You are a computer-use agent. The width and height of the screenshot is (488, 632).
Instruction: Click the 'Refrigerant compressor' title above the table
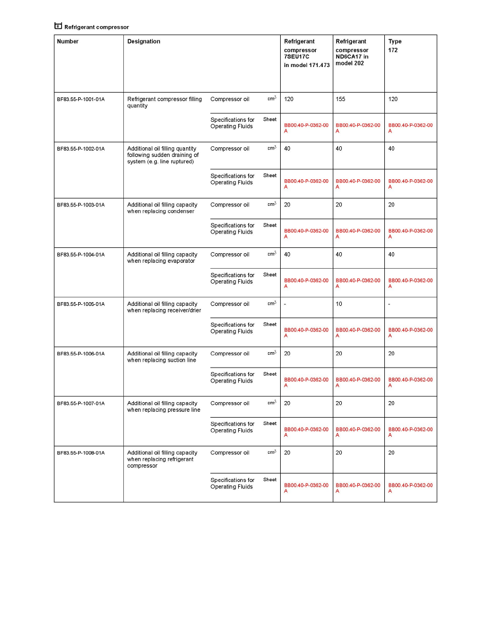96,27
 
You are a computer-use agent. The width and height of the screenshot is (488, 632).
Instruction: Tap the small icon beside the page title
58,26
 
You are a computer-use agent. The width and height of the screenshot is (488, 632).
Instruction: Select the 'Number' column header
68,41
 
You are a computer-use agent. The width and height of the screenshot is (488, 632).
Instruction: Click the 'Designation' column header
144,41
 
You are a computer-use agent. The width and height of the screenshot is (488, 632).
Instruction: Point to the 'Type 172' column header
395,46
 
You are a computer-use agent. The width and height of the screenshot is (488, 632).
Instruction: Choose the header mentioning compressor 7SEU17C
306,53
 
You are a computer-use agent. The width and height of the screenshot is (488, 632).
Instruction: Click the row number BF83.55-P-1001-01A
81,99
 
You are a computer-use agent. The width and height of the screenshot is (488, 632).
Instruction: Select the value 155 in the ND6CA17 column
341,99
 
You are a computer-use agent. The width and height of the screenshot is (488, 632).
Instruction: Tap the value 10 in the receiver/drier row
339,304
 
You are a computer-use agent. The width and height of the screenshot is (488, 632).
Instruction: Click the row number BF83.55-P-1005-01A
81,304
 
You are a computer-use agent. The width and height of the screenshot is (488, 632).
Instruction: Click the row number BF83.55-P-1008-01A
81,453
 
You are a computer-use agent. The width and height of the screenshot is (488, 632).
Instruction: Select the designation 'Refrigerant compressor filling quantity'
164,102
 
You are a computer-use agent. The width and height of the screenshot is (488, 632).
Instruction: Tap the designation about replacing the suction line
162,357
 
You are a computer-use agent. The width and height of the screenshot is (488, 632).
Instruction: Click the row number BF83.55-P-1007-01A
81,404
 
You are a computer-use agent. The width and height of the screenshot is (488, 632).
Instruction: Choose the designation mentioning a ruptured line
163,155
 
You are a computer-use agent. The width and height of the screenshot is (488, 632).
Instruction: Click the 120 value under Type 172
393,99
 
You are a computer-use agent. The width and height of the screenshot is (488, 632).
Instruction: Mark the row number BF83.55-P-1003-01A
81,205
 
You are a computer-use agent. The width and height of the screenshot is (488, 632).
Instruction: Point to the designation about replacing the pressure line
163,407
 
